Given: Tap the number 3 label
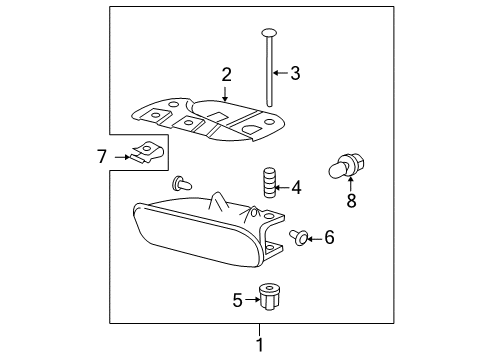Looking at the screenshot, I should [295, 72].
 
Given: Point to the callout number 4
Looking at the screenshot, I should [295, 186].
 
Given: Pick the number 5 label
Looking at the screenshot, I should [237, 298].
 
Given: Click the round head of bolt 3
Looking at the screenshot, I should [270, 33].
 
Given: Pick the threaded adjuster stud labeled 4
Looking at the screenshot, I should [268, 185].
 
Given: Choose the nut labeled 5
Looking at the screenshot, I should [267, 296].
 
